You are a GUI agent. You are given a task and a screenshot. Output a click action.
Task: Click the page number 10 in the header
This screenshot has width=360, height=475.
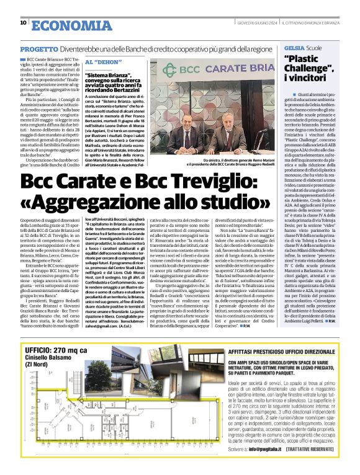(23, 23)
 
